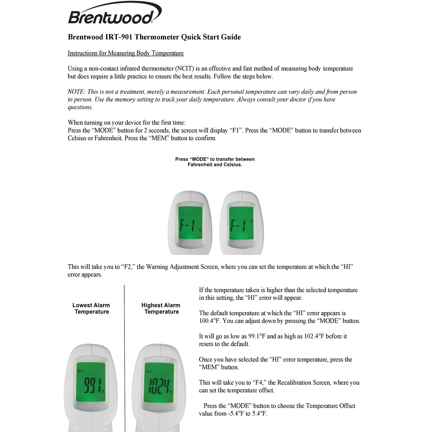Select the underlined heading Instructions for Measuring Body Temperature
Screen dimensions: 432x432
[x=126, y=53]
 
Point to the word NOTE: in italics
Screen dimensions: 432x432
[x=76, y=92]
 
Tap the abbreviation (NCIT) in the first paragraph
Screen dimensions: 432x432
[x=184, y=69]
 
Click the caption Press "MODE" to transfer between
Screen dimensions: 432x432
[x=215, y=159]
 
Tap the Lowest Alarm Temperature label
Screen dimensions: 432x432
[x=91, y=308]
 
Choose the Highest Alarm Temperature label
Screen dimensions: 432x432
[x=161, y=308]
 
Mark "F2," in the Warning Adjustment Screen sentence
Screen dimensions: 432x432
[x=128, y=267]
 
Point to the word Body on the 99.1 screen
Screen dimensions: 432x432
[x=81, y=371]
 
